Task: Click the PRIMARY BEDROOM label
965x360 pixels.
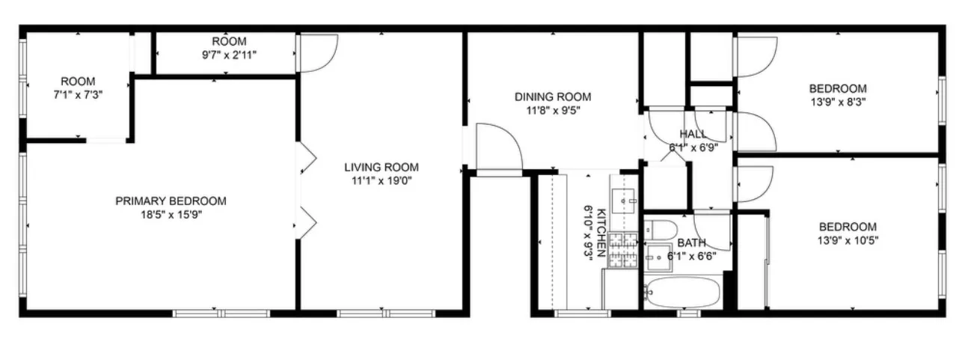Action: [x=171, y=201]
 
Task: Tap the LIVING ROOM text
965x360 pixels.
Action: [x=381, y=167]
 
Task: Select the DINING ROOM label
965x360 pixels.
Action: [x=552, y=97]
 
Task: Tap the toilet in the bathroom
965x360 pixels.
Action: [x=661, y=228]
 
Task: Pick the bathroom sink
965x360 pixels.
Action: [x=658, y=256]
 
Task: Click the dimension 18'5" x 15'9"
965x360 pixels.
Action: [x=171, y=214]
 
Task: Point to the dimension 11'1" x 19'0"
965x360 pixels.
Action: [x=381, y=180]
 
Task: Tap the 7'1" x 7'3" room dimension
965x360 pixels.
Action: [x=78, y=95]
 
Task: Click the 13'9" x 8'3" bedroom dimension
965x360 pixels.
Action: [x=837, y=101]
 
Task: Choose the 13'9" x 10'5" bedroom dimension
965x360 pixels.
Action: [x=847, y=240]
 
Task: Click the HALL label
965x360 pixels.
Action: [x=692, y=134]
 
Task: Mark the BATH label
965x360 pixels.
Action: [x=691, y=242]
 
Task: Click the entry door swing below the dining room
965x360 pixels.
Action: [x=496, y=147]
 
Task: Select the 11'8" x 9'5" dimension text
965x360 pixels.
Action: [x=552, y=110]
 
